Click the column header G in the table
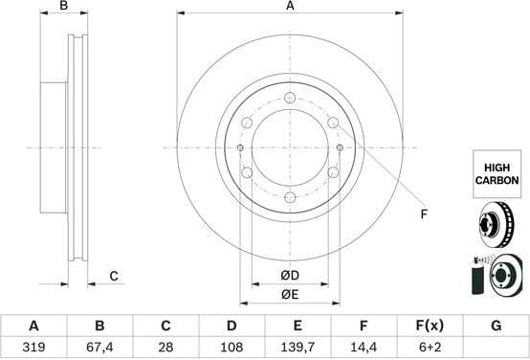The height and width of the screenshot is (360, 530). pos(496,326)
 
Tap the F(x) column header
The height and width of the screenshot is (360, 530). pos(430,326)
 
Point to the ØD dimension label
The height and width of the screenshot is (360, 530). pos(290,276)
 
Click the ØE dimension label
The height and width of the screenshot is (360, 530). pos(290,294)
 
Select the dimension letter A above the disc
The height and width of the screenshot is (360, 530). pos(290,7)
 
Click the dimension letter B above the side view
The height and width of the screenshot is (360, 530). pos(64,7)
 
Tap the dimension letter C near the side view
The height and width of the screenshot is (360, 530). pos(113,277)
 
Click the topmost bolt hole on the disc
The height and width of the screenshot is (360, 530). pos(289,98)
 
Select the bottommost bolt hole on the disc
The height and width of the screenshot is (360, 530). pos(289,197)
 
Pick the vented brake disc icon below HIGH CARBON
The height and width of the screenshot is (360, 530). pos(497,226)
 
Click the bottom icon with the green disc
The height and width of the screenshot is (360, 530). pos(497,274)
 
